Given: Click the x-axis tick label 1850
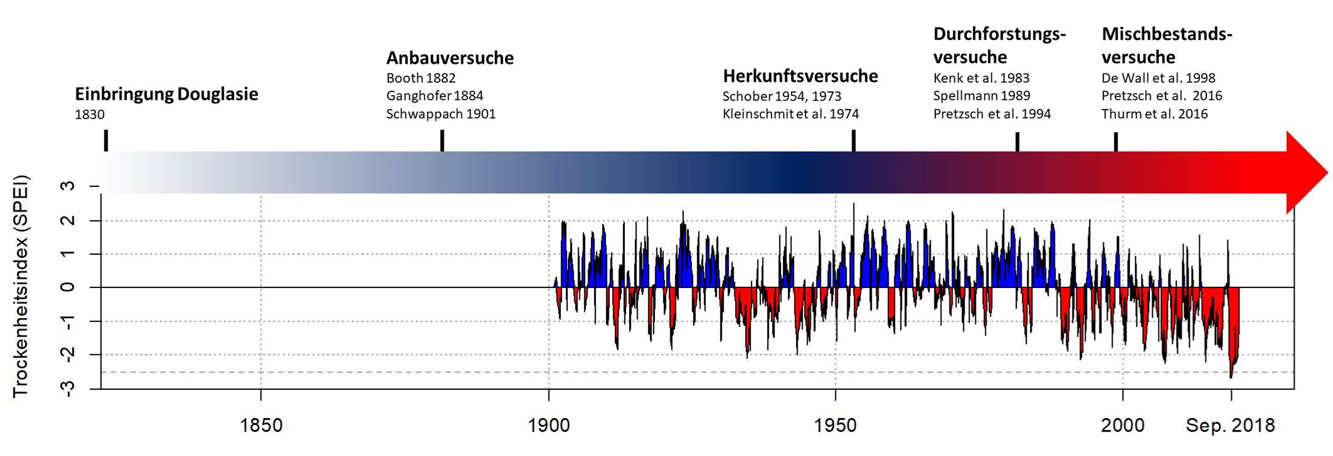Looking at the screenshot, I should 260,425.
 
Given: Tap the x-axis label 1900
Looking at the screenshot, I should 549,425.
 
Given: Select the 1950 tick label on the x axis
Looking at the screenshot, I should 835,425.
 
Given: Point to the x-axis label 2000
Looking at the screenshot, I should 1122,425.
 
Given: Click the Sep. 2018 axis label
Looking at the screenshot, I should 1230,425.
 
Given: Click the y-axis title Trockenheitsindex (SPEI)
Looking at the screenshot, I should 21,286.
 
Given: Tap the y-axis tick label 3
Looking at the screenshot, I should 68,186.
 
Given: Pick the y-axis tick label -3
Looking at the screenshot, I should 68,388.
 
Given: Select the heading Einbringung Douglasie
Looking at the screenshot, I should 167,94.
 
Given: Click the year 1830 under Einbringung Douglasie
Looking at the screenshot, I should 90,115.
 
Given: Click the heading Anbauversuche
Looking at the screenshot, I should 450,58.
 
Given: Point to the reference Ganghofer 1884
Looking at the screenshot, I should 435,96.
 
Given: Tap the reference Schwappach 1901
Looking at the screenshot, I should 441,114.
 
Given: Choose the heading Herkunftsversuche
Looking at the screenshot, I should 800,76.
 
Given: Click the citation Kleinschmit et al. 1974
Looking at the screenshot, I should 790,114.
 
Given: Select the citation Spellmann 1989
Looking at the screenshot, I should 981,96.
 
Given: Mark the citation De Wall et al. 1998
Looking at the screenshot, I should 1159,78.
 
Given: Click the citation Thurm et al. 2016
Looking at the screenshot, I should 1155,114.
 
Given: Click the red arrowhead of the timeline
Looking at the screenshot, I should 1305,172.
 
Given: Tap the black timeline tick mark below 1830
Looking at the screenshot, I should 106,140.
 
